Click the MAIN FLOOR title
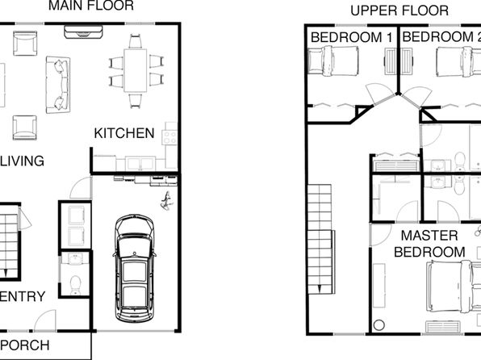tap(91, 6)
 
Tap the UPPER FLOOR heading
tap(399, 10)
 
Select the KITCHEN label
tap(124, 133)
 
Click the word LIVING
tap(22, 161)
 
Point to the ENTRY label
tap(22, 296)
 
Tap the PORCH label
tap(24, 345)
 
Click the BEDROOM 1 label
tap(352, 37)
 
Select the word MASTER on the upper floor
tap(429, 236)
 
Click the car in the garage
tap(134, 268)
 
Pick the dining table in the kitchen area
tap(136, 70)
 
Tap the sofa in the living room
tap(58, 85)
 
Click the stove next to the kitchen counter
tap(170, 137)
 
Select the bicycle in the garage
tap(166, 201)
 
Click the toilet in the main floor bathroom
tap(75, 285)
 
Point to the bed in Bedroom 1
tap(333, 61)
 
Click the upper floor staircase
tap(321, 239)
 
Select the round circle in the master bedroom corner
tap(379, 325)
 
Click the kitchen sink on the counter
tap(140, 163)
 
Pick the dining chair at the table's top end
tap(136, 41)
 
